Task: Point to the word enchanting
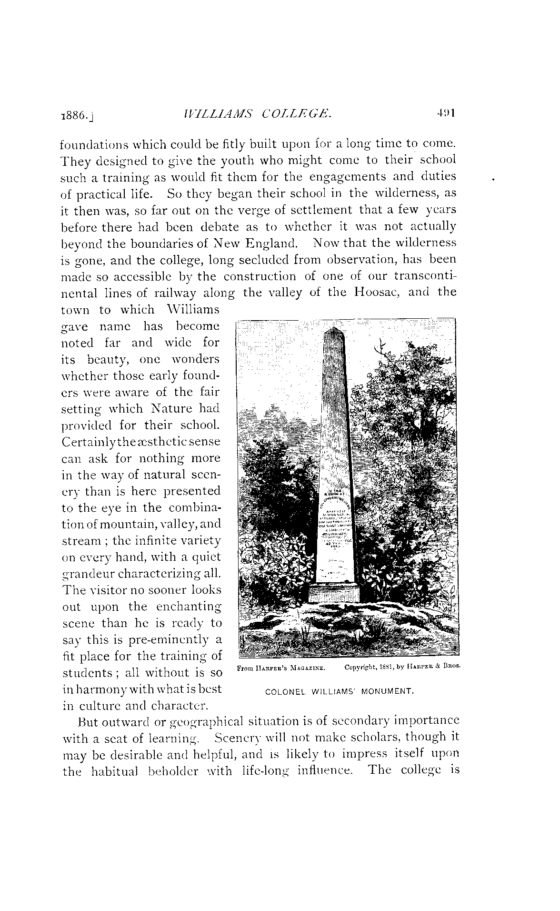[x=189, y=607]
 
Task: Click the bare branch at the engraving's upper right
[x=382, y=346]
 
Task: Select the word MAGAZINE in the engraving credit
[x=309, y=668]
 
